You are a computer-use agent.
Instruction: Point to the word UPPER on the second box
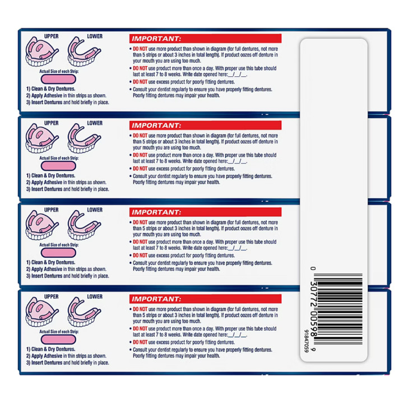51,123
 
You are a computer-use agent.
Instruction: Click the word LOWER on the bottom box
94,296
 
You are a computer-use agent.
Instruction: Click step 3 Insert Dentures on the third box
67,276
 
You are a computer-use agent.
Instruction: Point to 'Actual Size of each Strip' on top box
61,72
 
